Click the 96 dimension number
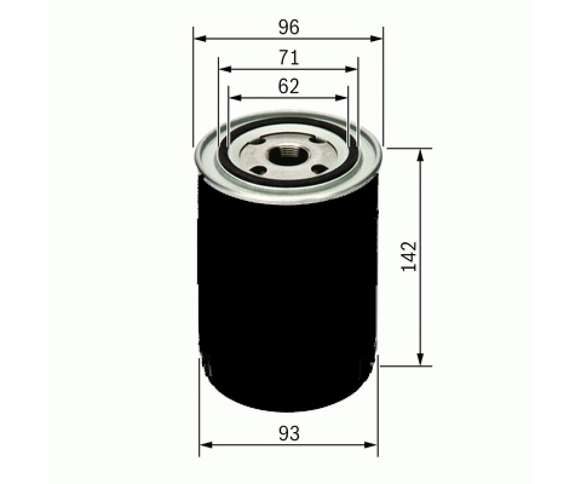click(289, 27)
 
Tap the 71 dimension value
click(289, 57)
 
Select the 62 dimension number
click(289, 87)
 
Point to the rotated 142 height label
click(409, 257)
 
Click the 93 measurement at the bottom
click(289, 433)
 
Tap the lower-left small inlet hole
click(258, 170)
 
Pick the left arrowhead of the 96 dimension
click(200, 38)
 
